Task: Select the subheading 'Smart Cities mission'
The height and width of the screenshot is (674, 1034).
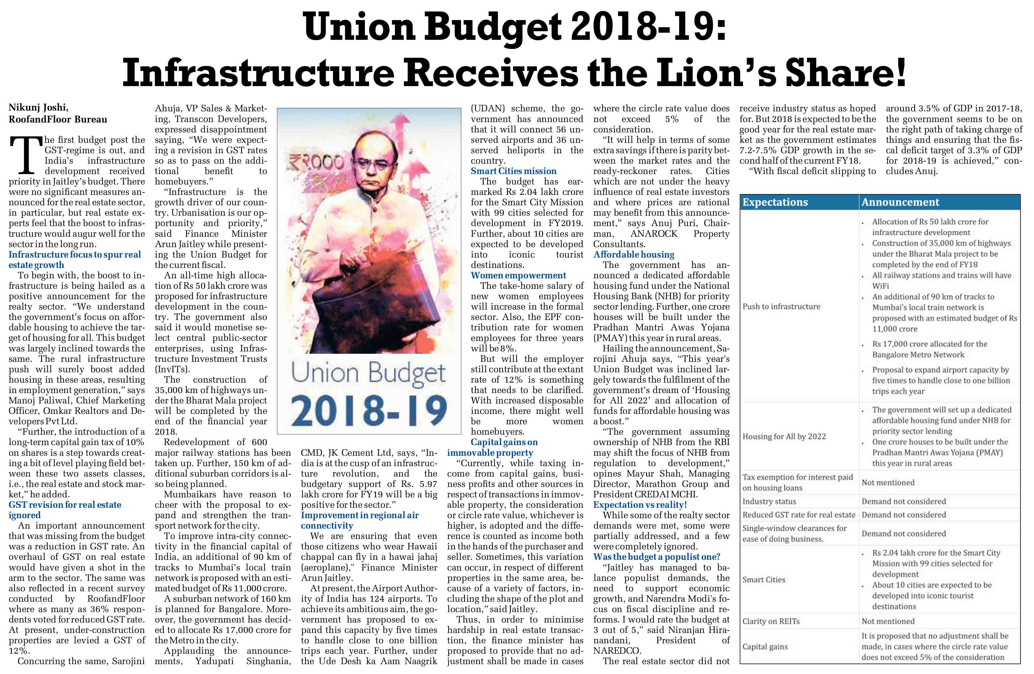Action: (x=513, y=171)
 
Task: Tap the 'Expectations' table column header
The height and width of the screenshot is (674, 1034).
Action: (x=775, y=202)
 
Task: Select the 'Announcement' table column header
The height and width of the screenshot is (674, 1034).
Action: (x=900, y=202)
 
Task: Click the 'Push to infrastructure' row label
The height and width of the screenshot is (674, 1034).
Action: (x=781, y=306)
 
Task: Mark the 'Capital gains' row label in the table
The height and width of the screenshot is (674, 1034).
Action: (x=765, y=647)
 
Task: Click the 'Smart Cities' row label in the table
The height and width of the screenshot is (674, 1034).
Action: (x=764, y=579)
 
